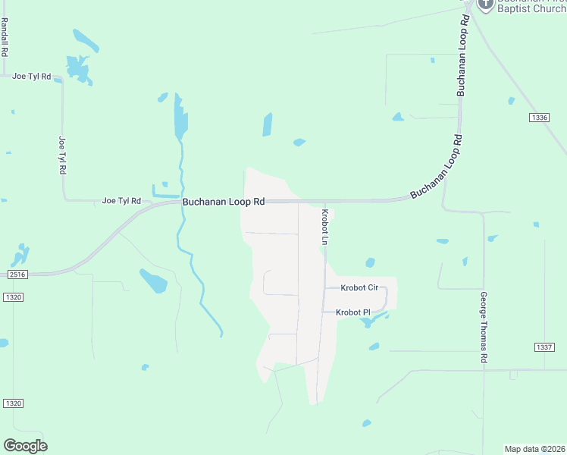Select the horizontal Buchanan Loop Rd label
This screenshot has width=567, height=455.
tap(224, 202)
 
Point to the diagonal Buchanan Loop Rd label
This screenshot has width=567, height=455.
tap(436, 167)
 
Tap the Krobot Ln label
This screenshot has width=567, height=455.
tap(324, 227)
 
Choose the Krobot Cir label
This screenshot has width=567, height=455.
tap(359, 288)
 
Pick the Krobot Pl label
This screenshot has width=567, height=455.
tap(352, 312)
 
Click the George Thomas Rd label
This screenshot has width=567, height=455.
tap(483, 328)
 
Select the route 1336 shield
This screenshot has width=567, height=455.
tap(539, 118)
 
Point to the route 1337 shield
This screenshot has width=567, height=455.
tap(544, 348)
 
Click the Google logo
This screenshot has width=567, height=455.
tap(25, 445)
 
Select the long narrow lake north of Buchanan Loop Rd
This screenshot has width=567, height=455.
tap(180, 115)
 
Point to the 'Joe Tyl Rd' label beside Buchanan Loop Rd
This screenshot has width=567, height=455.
tap(122, 201)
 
